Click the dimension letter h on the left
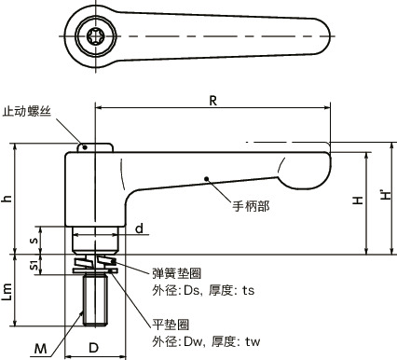(7, 198)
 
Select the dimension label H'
(385, 198)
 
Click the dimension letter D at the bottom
(93, 348)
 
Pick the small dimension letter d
(138, 228)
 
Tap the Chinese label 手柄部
(250, 205)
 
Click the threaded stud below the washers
(94, 301)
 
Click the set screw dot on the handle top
(83, 146)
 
